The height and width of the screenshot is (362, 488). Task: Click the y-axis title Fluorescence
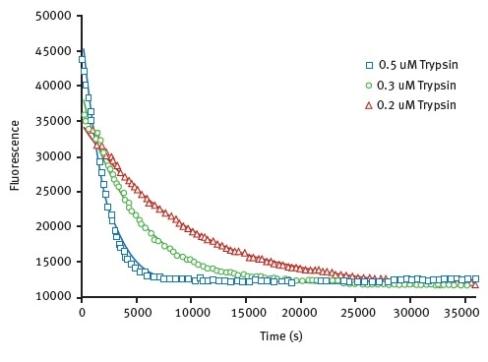point(16,155)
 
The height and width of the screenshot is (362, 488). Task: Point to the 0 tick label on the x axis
point(82,313)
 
